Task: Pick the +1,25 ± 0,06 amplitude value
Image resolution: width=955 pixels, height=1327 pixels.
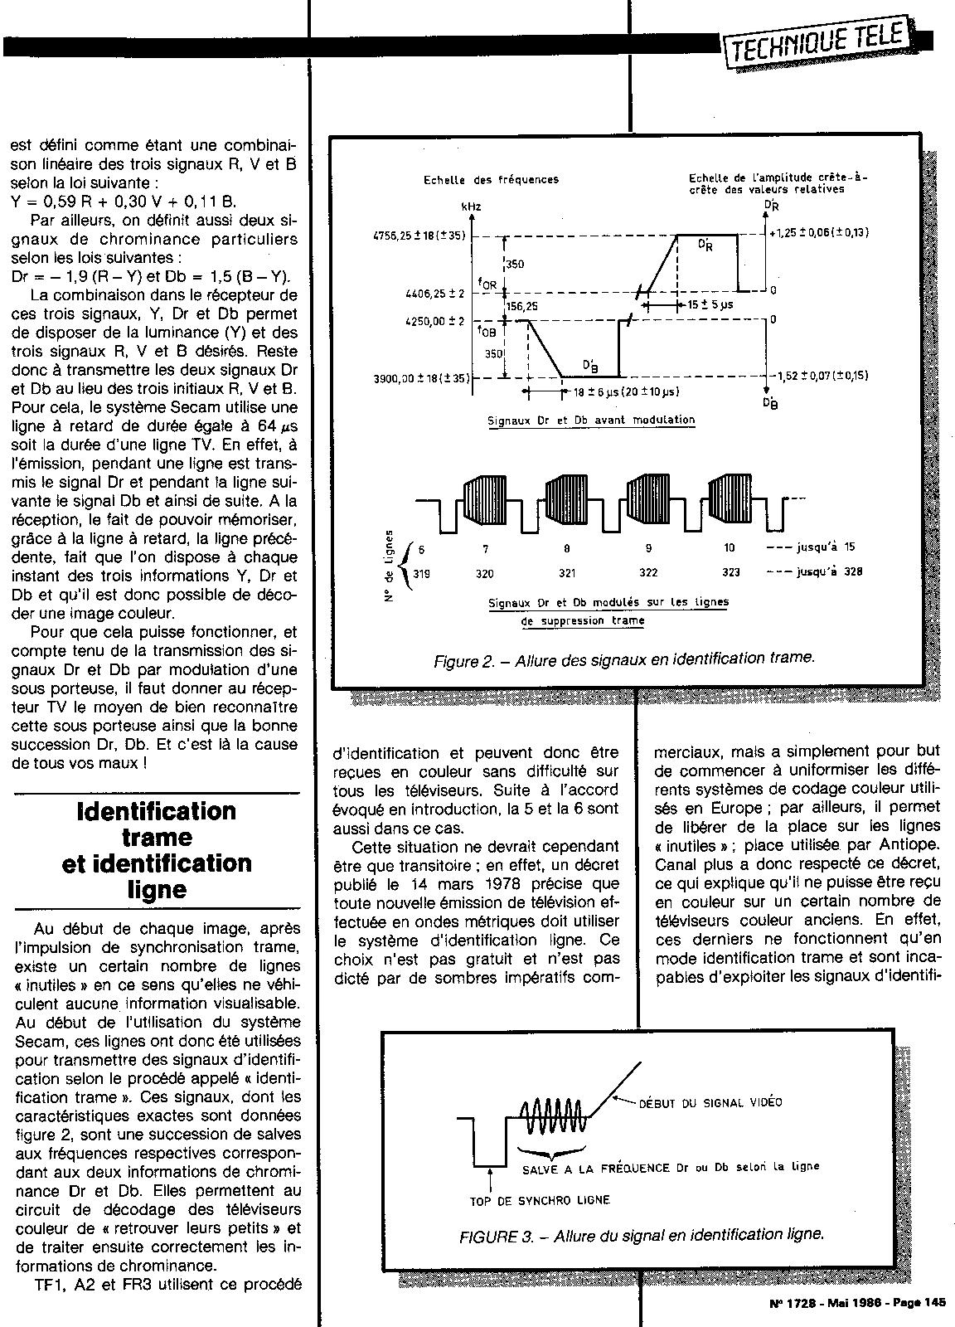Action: pos(819,233)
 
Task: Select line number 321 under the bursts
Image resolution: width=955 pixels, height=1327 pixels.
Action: pos(566,572)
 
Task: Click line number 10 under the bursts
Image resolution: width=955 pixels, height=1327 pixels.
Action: pos(730,548)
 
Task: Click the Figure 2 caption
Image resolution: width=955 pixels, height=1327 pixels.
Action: pos(623,659)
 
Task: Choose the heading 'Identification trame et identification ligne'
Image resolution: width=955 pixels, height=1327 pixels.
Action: pos(157,849)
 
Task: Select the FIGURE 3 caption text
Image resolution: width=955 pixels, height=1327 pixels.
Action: pos(642,1233)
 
